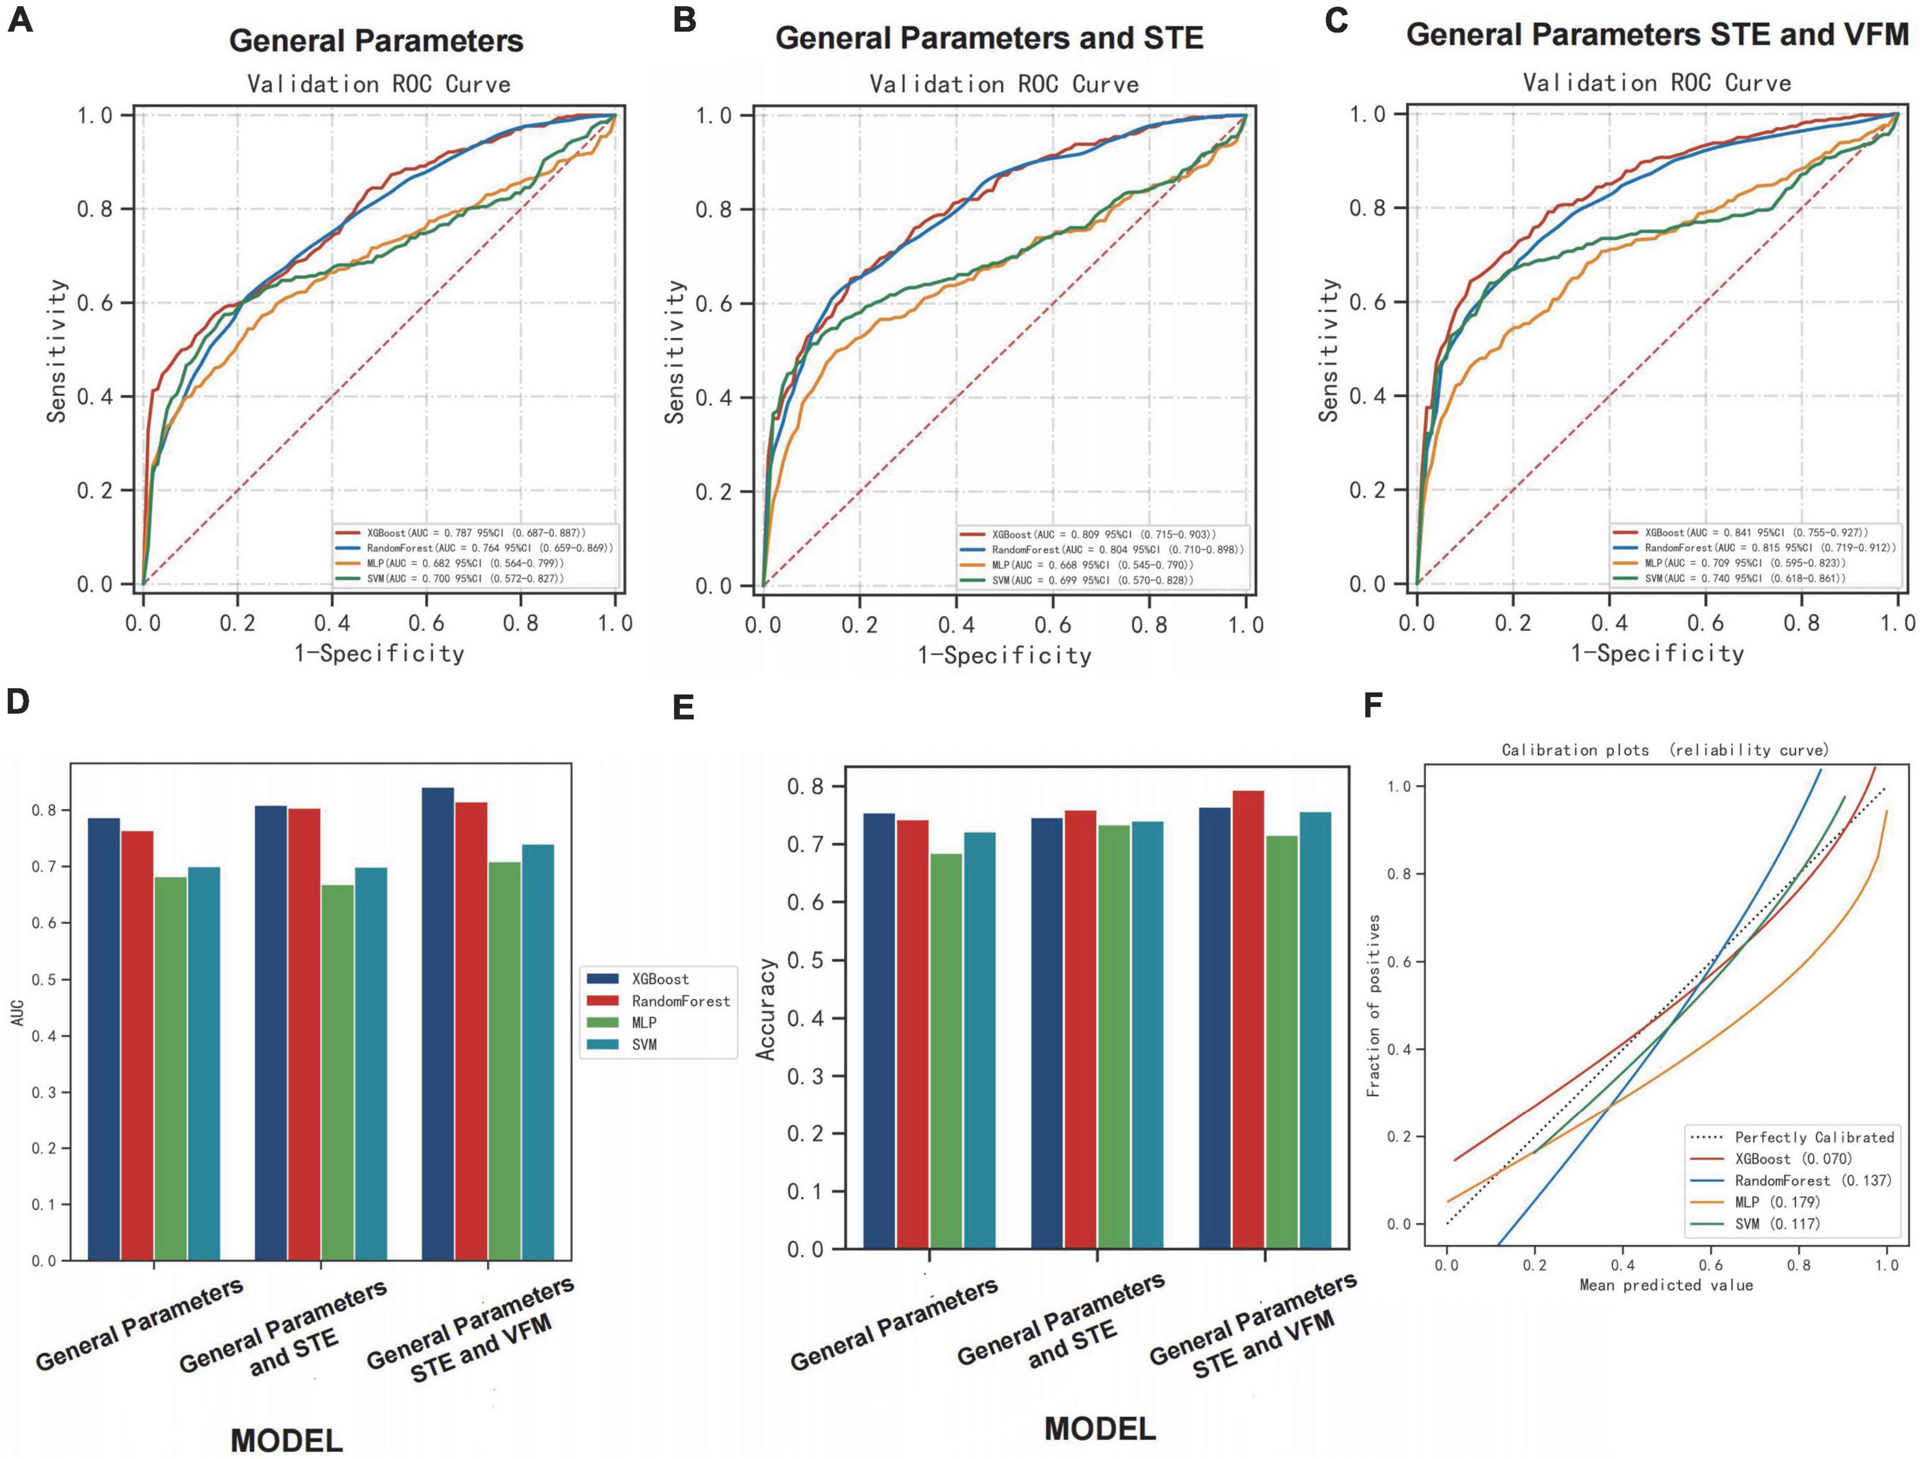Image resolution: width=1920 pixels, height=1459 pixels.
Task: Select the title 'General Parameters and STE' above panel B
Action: coord(989,38)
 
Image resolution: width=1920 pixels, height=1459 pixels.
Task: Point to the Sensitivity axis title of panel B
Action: coord(675,352)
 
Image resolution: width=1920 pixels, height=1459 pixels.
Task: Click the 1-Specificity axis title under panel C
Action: coord(1657,653)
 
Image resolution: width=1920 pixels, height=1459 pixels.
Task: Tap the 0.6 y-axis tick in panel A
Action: coord(96,303)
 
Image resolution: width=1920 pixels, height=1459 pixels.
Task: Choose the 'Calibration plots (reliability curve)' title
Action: coord(1665,750)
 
